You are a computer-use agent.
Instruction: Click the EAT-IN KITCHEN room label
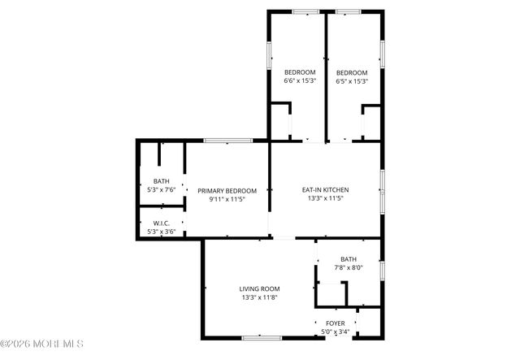click(x=324, y=190)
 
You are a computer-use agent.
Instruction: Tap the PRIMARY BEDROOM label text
click(x=221, y=190)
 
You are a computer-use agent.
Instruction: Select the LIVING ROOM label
click(x=259, y=288)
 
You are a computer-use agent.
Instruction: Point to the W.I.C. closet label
click(x=161, y=223)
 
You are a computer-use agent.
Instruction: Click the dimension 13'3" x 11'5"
click(x=324, y=198)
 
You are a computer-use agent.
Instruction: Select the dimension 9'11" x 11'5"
click(x=221, y=198)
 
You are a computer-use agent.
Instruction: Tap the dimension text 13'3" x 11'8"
click(x=259, y=297)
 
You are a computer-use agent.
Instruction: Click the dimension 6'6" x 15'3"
click(x=299, y=80)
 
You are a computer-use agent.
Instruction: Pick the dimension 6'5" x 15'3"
click(x=352, y=80)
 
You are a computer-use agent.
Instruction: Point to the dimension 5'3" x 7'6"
click(x=161, y=189)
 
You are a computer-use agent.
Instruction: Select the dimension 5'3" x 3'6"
click(x=161, y=231)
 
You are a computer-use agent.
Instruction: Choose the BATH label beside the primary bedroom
click(x=161, y=181)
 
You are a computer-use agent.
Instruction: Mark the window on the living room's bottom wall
click(x=262, y=336)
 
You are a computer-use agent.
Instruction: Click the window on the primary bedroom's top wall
click(x=227, y=141)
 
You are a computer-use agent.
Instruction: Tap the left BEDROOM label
click(x=299, y=72)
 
